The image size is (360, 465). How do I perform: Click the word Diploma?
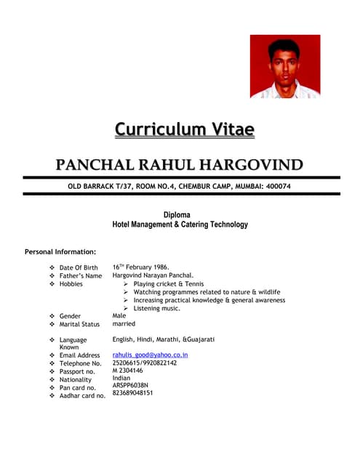pyautogui.click(x=177, y=215)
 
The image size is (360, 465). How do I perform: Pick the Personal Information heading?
pyautogui.click(x=60, y=252)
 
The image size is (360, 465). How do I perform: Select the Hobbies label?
pyautogui.click(x=71, y=284)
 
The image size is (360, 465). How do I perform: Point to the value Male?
pyautogui.click(x=119, y=316)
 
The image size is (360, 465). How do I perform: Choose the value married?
pyautogui.click(x=124, y=324)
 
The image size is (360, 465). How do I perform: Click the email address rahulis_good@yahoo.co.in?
pyautogui.click(x=151, y=355)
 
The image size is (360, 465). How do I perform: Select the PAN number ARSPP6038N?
pyautogui.click(x=131, y=385)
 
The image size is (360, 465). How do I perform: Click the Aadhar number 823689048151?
pyautogui.click(x=133, y=393)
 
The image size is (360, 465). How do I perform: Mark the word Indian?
pyautogui.click(x=122, y=378)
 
